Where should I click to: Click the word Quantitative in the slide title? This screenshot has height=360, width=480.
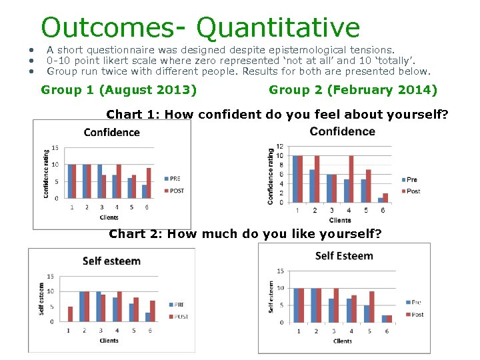(x=278, y=27)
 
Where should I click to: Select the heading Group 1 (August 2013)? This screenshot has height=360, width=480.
(x=119, y=90)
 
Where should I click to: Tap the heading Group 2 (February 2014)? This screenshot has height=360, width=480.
(x=353, y=90)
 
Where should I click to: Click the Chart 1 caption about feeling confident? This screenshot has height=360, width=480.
(x=277, y=114)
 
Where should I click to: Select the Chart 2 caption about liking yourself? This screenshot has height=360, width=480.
(x=245, y=233)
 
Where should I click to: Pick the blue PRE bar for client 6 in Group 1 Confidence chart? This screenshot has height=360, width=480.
(x=144, y=191)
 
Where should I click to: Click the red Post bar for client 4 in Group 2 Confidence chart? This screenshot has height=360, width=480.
(x=351, y=179)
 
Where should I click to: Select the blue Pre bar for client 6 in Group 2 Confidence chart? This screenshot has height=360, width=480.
(x=380, y=200)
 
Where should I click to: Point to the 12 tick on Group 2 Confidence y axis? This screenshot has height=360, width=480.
(x=280, y=147)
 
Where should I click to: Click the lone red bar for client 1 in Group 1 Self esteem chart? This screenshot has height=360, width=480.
(x=71, y=314)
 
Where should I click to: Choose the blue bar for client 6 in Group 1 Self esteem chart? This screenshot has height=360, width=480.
(x=147, y=317)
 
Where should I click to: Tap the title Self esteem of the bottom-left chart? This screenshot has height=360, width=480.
(x=111, y=261)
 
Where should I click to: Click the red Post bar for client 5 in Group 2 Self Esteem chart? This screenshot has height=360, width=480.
(x=371, y=307)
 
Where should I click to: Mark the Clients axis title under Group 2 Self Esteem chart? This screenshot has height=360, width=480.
(x=342, y=341)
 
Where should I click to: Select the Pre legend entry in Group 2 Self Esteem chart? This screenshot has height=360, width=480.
(x=413, y=302)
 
